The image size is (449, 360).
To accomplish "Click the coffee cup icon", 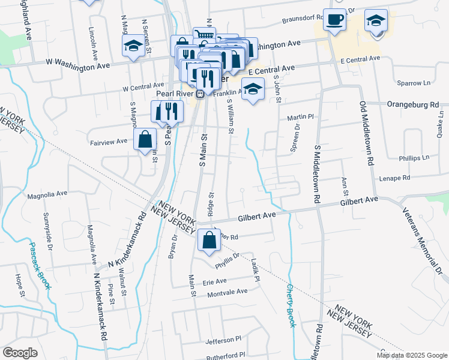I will pos(334,20).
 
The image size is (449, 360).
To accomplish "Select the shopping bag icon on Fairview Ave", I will pos(145,140).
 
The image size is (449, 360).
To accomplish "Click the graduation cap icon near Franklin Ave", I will pos(253,89).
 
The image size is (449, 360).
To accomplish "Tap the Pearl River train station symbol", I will pos(200,94).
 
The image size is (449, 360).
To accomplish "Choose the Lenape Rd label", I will pos(394,178).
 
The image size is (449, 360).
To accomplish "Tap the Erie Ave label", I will pos(215,281).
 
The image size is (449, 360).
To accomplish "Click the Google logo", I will pos(20,352).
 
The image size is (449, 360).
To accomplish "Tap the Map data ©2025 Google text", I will pos(411,355).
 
